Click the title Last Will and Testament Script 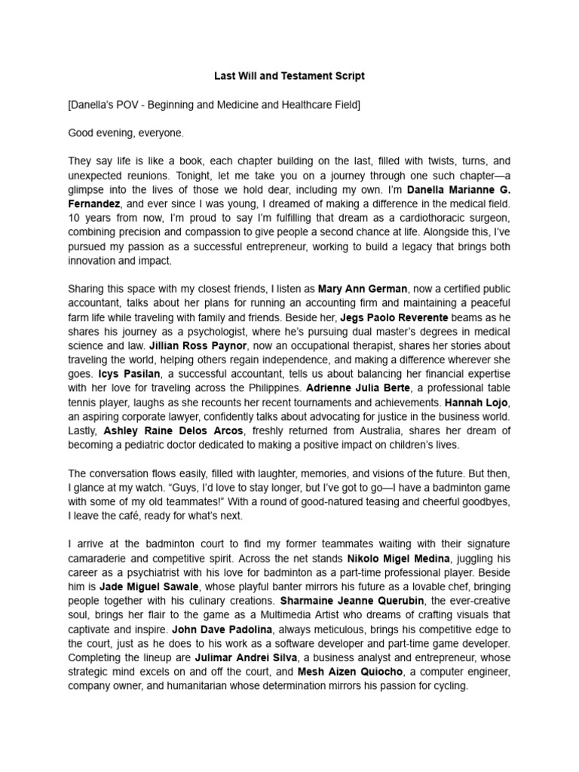pyautogui.click(x=289, y=76)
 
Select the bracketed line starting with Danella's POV pyautogui.click(x=214, y=105)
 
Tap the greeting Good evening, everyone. pyautogui.click(x=126, y=133)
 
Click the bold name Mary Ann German pyautogui.click(x=363, y=289)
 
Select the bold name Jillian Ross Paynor pyautogui.click(x=194, y=346)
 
